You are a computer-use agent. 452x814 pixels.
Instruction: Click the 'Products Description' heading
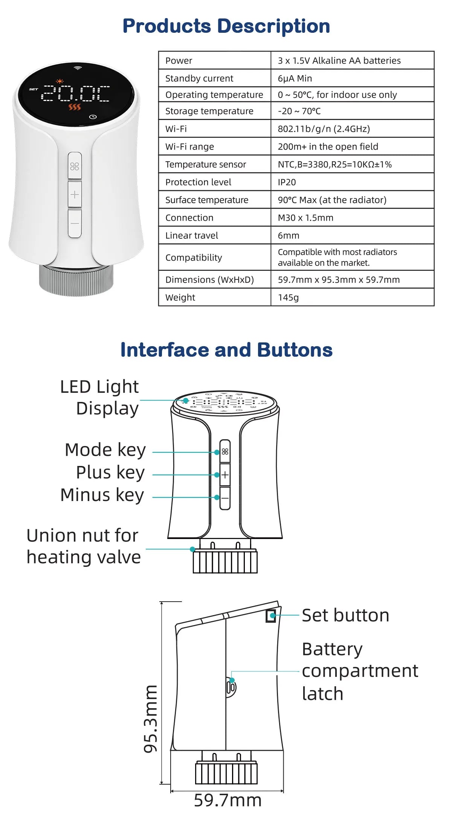tap(226, 26)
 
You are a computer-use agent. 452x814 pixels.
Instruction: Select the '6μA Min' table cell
tap(295, 78)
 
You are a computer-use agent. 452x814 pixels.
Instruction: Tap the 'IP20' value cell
tap(287, 182)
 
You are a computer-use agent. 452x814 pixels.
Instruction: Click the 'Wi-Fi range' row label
tap(189, 147)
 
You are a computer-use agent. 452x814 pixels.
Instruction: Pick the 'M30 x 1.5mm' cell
tap(305, 218)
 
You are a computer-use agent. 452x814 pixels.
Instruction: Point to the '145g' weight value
tap(288, 298)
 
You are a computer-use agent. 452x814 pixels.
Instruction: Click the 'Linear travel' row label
tap(191, 235)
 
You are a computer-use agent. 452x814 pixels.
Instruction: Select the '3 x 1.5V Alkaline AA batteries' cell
tap(339, 61)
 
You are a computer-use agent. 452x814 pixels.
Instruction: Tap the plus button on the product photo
tap(75, 194)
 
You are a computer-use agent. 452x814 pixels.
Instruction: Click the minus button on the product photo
tap(75, 223)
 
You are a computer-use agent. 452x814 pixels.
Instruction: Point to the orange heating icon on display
tap(75, 107)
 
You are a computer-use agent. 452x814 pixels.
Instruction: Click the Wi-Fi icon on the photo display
tap(78, 68)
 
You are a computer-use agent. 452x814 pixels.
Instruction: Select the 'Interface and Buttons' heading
tap(226, 350)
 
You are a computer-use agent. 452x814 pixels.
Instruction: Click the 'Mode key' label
tap(105, 450)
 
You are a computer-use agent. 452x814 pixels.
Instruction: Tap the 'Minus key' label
tap(102, 495)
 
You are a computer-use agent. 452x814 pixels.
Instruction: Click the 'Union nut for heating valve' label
tap(83, 546)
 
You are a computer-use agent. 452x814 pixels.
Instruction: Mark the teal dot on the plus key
tap(217, 475)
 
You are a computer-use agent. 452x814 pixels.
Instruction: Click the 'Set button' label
tap(345, 615)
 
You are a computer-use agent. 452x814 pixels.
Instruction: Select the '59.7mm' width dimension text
tap(228, 800)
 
